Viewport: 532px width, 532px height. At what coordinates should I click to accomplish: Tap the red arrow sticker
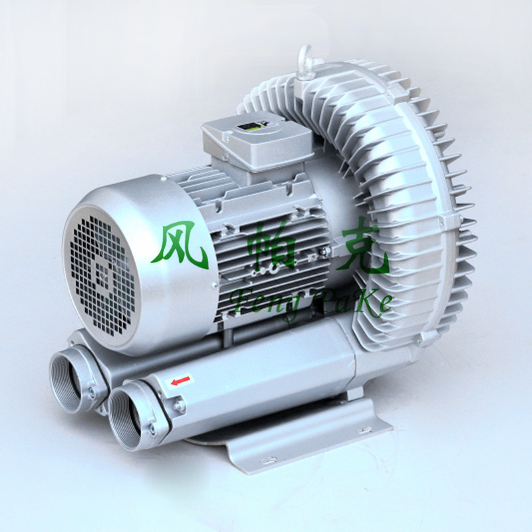(x=180, y=380)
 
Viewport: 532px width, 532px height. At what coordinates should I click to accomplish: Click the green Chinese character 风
(x=180, y=245)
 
